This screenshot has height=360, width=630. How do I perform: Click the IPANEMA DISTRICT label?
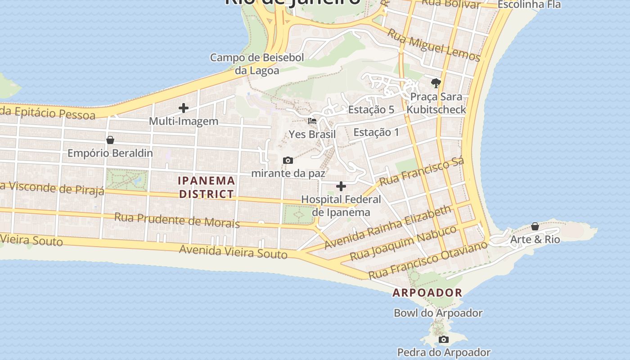coord(207,187)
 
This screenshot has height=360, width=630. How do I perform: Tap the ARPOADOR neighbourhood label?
coord(427,292)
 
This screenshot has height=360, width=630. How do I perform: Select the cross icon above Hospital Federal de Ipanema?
coord(341,186)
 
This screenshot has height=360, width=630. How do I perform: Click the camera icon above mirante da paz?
coord(288,161)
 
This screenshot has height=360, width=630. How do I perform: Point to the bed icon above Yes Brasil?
coord(312,121)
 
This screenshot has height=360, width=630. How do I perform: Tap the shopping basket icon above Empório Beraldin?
coord(110,140)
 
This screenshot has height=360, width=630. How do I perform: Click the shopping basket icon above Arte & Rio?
coord(535,226)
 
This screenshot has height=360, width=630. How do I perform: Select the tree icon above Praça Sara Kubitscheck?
coord(436,83)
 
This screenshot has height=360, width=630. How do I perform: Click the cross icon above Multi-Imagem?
coord(184,108)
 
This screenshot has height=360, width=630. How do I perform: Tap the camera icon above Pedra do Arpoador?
coord(444,339)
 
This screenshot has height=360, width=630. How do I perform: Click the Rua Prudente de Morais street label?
coord(177,220)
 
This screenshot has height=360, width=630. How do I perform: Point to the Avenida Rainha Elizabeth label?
coord(387,227)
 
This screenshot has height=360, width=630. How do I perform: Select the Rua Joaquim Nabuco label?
coord(403,243)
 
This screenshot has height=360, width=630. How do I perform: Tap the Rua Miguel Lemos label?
coord(434,45)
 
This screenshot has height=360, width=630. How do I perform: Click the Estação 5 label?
coord(371,109)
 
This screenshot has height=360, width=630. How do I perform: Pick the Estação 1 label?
coord(376,132)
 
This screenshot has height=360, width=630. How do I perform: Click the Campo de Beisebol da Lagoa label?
coord(257,64)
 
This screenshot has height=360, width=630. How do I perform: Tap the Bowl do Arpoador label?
coord(438,313)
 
